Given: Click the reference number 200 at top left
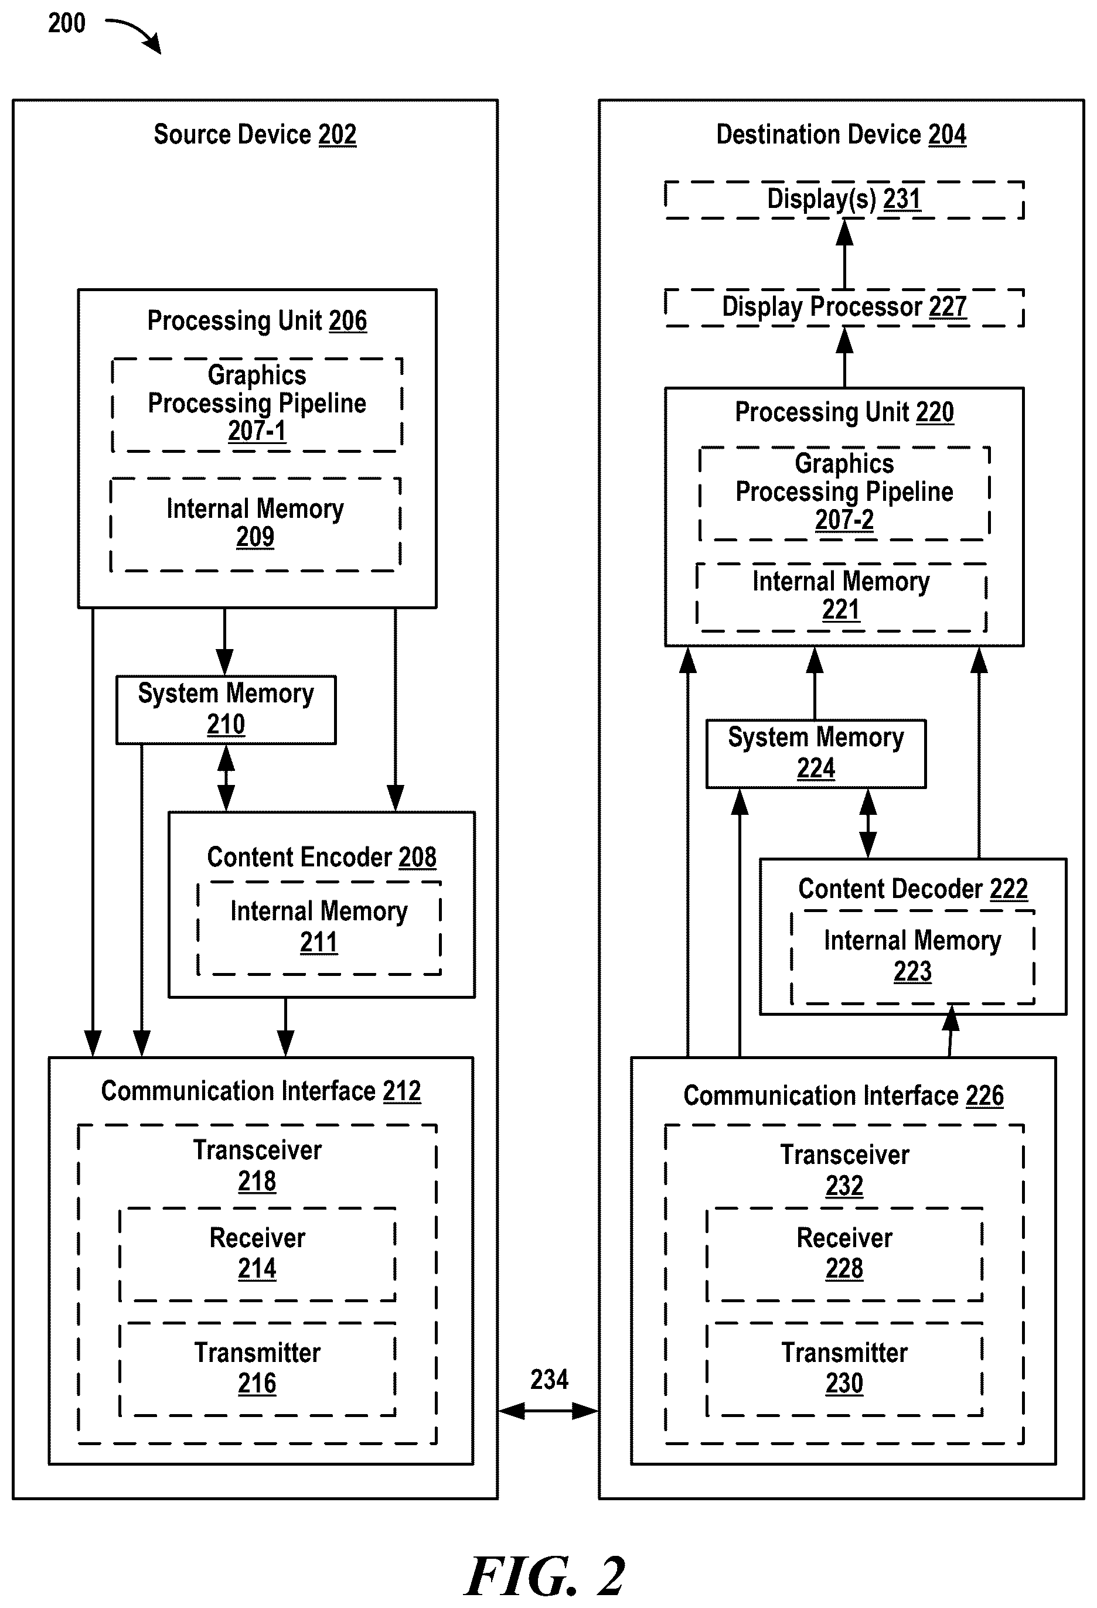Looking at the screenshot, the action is point(66,23).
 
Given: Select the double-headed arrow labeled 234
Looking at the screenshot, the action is point(548,1411).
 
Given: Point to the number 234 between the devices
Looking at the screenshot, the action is point(550,1379).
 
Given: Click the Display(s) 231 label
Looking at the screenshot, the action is point(844,199).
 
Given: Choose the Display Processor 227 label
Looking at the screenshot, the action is point(844,306).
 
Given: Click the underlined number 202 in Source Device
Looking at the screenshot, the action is point(337,134).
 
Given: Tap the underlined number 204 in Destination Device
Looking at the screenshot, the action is point(947,134).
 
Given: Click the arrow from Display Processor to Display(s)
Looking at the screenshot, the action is point(844,254).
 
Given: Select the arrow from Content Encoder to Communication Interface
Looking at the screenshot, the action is point(286,1027).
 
